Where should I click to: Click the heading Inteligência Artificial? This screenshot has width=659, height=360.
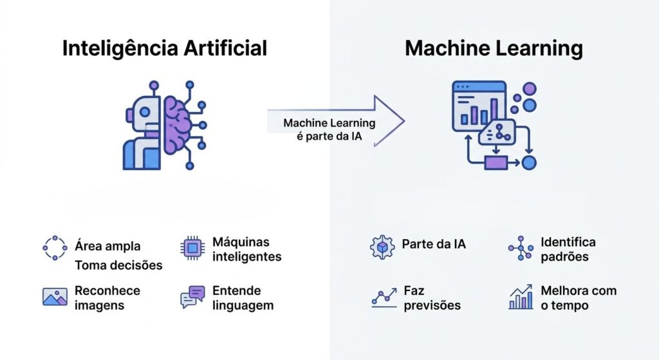click(x=164, y=49)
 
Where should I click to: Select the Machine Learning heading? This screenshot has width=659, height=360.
click(x=494, y=49)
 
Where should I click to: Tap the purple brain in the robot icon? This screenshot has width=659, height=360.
click(x=178, y=125)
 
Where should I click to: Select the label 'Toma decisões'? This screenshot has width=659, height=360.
click(x=118, y=265)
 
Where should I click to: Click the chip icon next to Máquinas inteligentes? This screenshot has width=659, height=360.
click(x=192, y=248)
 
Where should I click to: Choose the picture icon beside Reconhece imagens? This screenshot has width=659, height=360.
click(x=55, y=296)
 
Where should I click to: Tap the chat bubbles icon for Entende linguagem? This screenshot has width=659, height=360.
click(x=192, y=296)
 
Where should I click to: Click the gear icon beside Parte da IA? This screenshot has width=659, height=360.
click(x=382, y=247)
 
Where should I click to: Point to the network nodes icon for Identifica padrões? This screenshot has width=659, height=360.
click(x=520, y=248)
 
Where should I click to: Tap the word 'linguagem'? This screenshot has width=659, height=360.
click(x=243, y=305)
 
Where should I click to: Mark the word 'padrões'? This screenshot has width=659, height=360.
click(x=564, y=257)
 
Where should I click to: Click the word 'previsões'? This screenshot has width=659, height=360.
click(x=432, y=305)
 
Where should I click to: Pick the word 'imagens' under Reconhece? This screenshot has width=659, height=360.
click(x=98, y=305)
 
